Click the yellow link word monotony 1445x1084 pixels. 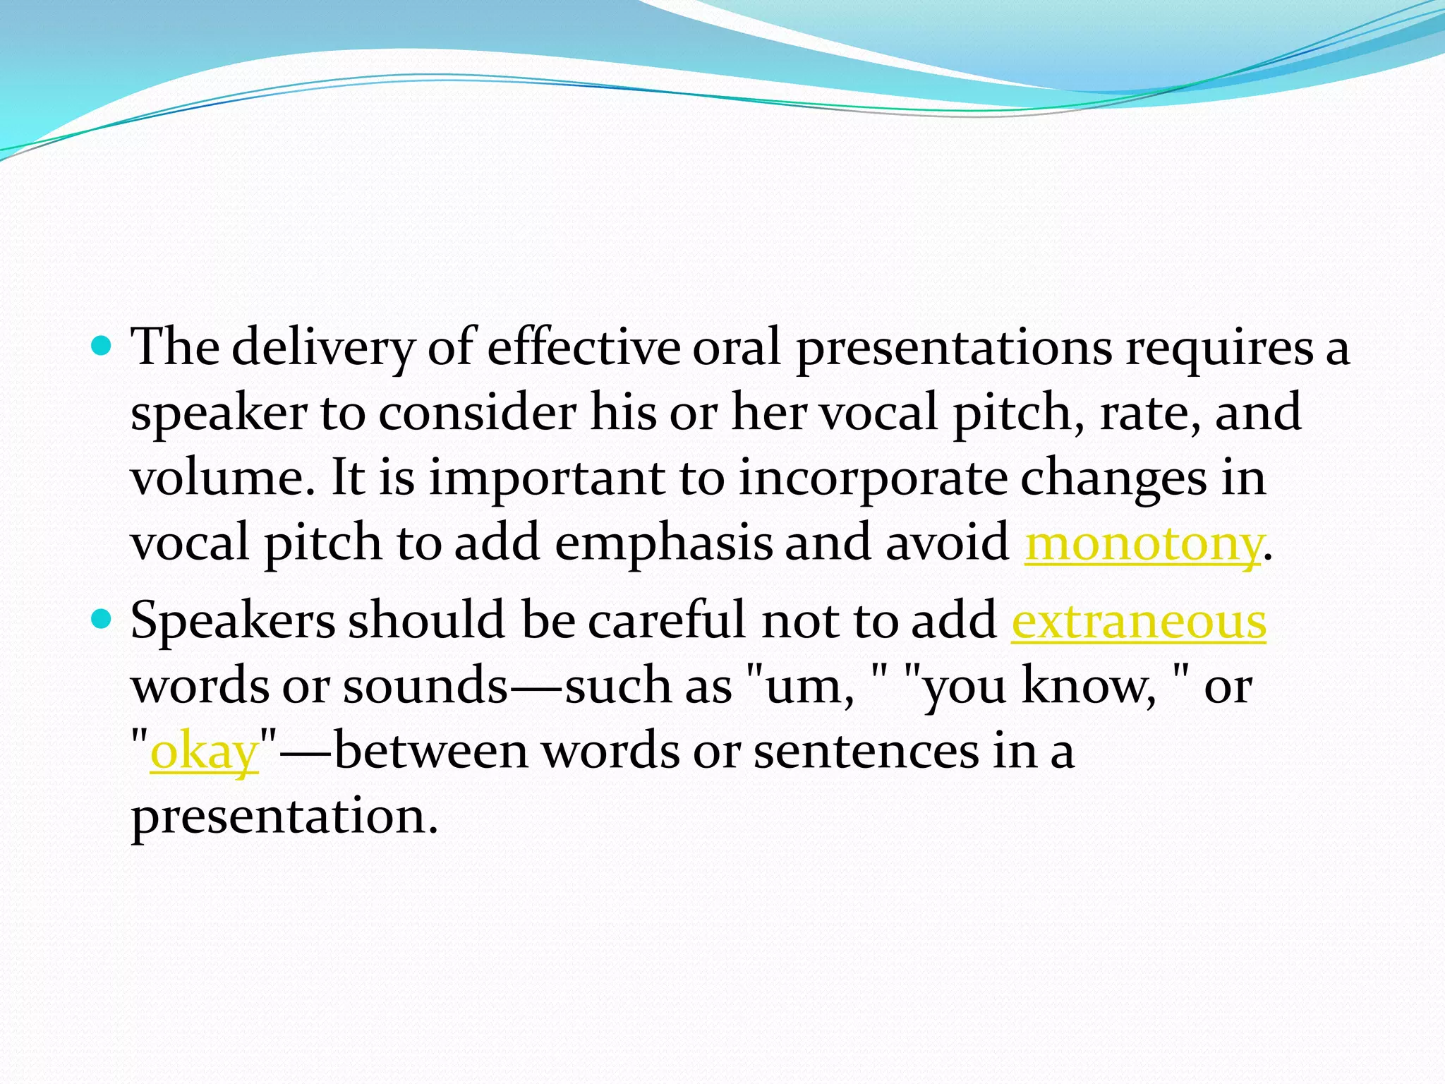pyautogui.click(x=1142, y=543)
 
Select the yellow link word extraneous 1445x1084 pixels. pyautogui.click(x=1139, y=621)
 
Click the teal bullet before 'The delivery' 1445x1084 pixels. pyautogui.click(x=102, y=346)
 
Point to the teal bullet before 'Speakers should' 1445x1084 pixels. pyautogui.click(x=102, y=620)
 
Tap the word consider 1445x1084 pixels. pyautogui.click(x=478, y=412)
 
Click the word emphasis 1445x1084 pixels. pyautogui.click(x=663, y=543)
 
